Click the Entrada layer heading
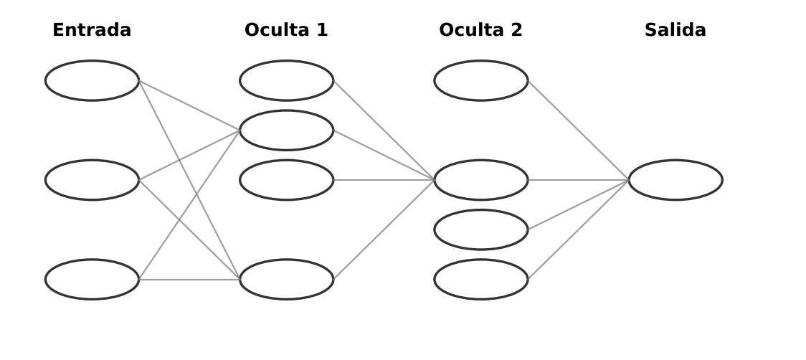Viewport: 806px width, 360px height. point(92,30)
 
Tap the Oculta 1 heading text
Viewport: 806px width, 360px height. point(286,30)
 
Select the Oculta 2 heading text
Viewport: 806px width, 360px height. point(480,30)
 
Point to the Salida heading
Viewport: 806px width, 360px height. point(675,30)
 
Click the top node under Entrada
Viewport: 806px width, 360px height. point(92,80)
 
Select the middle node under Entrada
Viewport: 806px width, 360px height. point(92,180)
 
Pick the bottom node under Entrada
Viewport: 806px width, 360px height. point(92,280)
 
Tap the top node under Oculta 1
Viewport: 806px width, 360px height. point(286,80)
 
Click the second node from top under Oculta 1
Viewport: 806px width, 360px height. point(286,131)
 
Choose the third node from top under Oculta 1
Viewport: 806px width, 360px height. point(286,180)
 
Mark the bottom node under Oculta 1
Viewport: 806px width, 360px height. point(286,280)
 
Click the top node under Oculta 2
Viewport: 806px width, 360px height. point(480,80)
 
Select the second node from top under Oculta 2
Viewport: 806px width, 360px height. point(480,180)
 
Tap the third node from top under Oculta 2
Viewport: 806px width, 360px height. point(480,229)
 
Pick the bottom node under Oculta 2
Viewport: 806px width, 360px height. point(480,280)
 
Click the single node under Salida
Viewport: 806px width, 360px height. point(675,180)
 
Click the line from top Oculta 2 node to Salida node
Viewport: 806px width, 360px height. point(578,130)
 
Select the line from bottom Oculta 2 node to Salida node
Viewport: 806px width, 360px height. point(578,230)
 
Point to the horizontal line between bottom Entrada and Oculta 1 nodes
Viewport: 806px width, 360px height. point(189,280)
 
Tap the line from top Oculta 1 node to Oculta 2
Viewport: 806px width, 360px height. point(384,130)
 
